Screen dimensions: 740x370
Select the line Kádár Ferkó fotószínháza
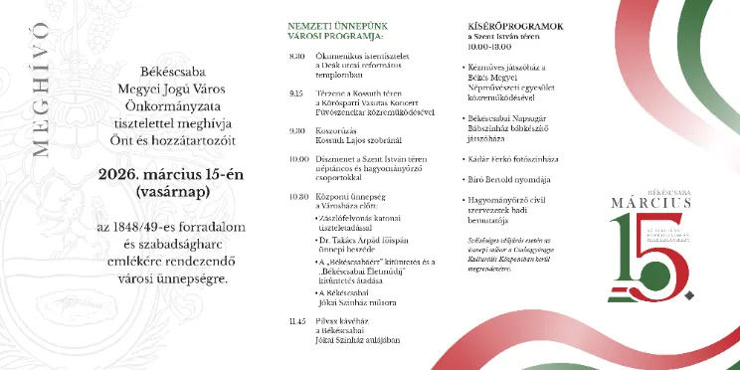pos(511,159)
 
